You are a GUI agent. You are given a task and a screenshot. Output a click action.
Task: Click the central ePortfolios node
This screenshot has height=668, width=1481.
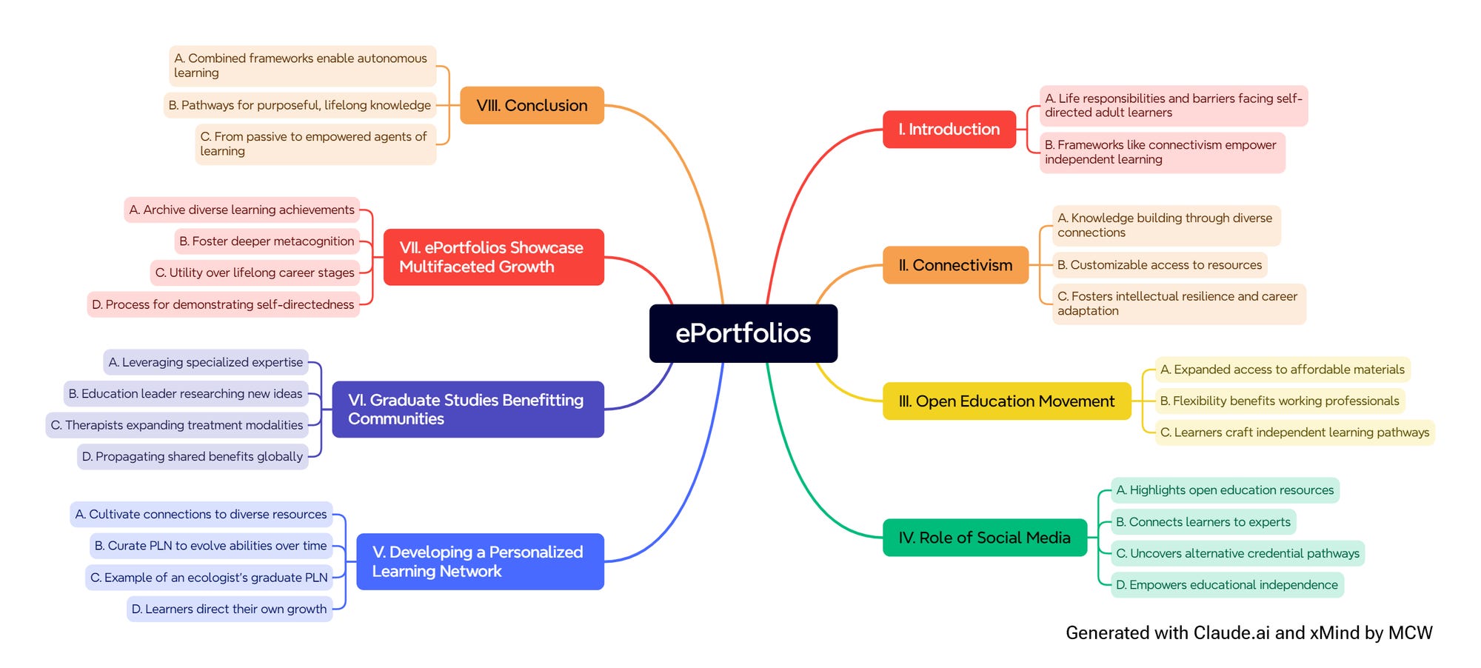point(743,333)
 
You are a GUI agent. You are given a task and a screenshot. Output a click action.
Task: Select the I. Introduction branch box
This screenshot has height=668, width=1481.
point(949,130)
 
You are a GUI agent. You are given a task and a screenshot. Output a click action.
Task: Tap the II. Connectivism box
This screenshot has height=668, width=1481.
point(955,265)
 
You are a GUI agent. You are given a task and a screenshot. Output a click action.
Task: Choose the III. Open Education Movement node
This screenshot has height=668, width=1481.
point(1006,401)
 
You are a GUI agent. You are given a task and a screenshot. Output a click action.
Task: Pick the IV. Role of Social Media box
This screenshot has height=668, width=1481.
point(984,538)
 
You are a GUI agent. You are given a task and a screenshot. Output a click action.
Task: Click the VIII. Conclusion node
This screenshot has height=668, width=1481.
point(532,105)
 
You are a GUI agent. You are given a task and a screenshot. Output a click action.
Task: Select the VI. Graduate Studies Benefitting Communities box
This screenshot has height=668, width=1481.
point(467,410)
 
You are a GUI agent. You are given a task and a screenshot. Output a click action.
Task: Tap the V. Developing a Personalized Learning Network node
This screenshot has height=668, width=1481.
point(480,561)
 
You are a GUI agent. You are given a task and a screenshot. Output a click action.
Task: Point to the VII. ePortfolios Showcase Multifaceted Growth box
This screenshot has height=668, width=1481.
point(493,257)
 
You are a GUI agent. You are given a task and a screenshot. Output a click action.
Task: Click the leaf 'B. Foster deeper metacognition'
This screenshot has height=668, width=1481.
point(267,241)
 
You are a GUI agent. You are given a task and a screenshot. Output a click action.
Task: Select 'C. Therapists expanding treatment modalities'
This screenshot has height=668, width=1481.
point(177,425)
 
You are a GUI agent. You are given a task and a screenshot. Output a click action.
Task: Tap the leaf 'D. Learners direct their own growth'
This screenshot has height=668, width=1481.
point(229,609)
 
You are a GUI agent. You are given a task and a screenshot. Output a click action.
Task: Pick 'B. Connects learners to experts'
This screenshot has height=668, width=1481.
point(1203,522)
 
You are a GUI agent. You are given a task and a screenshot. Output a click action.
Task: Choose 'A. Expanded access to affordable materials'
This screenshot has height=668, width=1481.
point(1282,370)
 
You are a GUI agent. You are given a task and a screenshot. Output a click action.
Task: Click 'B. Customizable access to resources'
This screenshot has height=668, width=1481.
point(1159,265)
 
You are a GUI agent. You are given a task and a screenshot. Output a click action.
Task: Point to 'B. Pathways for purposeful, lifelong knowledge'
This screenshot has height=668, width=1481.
point(299,105)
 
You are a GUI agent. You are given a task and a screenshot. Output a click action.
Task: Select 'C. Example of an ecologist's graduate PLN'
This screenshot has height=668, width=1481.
point(209,578)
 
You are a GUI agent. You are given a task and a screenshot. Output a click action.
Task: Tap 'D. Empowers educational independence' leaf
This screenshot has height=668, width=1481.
point(1226,585)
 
